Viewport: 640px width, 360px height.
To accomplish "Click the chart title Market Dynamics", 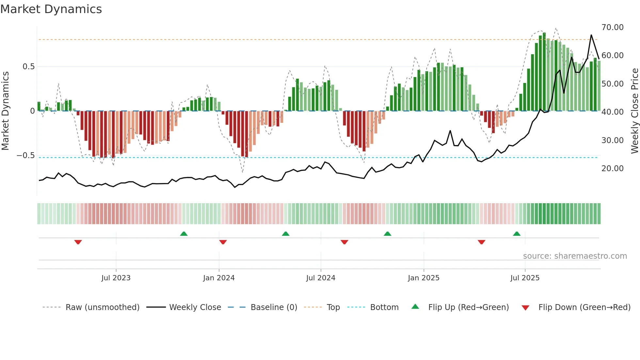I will click(x=51, y=9).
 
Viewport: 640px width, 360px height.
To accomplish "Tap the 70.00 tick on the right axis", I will click(x=612, y=27).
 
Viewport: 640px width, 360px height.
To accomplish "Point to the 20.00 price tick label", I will click(x=612, y=169).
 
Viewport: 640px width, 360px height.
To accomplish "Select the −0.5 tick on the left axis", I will click(x=25, y=155).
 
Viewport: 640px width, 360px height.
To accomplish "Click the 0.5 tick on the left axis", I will click(x=28, y=67).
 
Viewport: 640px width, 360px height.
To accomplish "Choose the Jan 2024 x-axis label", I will click(x=219, y=278).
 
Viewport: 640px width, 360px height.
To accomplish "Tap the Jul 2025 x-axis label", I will click(x=525, y=278).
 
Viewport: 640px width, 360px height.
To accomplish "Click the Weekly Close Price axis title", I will click(x=634, y=111).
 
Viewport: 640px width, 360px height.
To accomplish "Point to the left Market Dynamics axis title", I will click(x=5, y=111).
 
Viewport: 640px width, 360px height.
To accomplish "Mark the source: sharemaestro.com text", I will click(x=575, y=256).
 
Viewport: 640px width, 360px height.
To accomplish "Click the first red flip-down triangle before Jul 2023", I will click(x=78, y=242).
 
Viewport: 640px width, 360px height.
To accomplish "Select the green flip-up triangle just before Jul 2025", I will click(x=517, y=234).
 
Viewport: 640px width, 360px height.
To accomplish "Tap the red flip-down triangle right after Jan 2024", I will click(x=223, y=242).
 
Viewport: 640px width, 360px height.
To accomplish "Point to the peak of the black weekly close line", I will click(x=591, y=35).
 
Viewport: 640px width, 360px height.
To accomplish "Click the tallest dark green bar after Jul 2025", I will click(x=544, y=72).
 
